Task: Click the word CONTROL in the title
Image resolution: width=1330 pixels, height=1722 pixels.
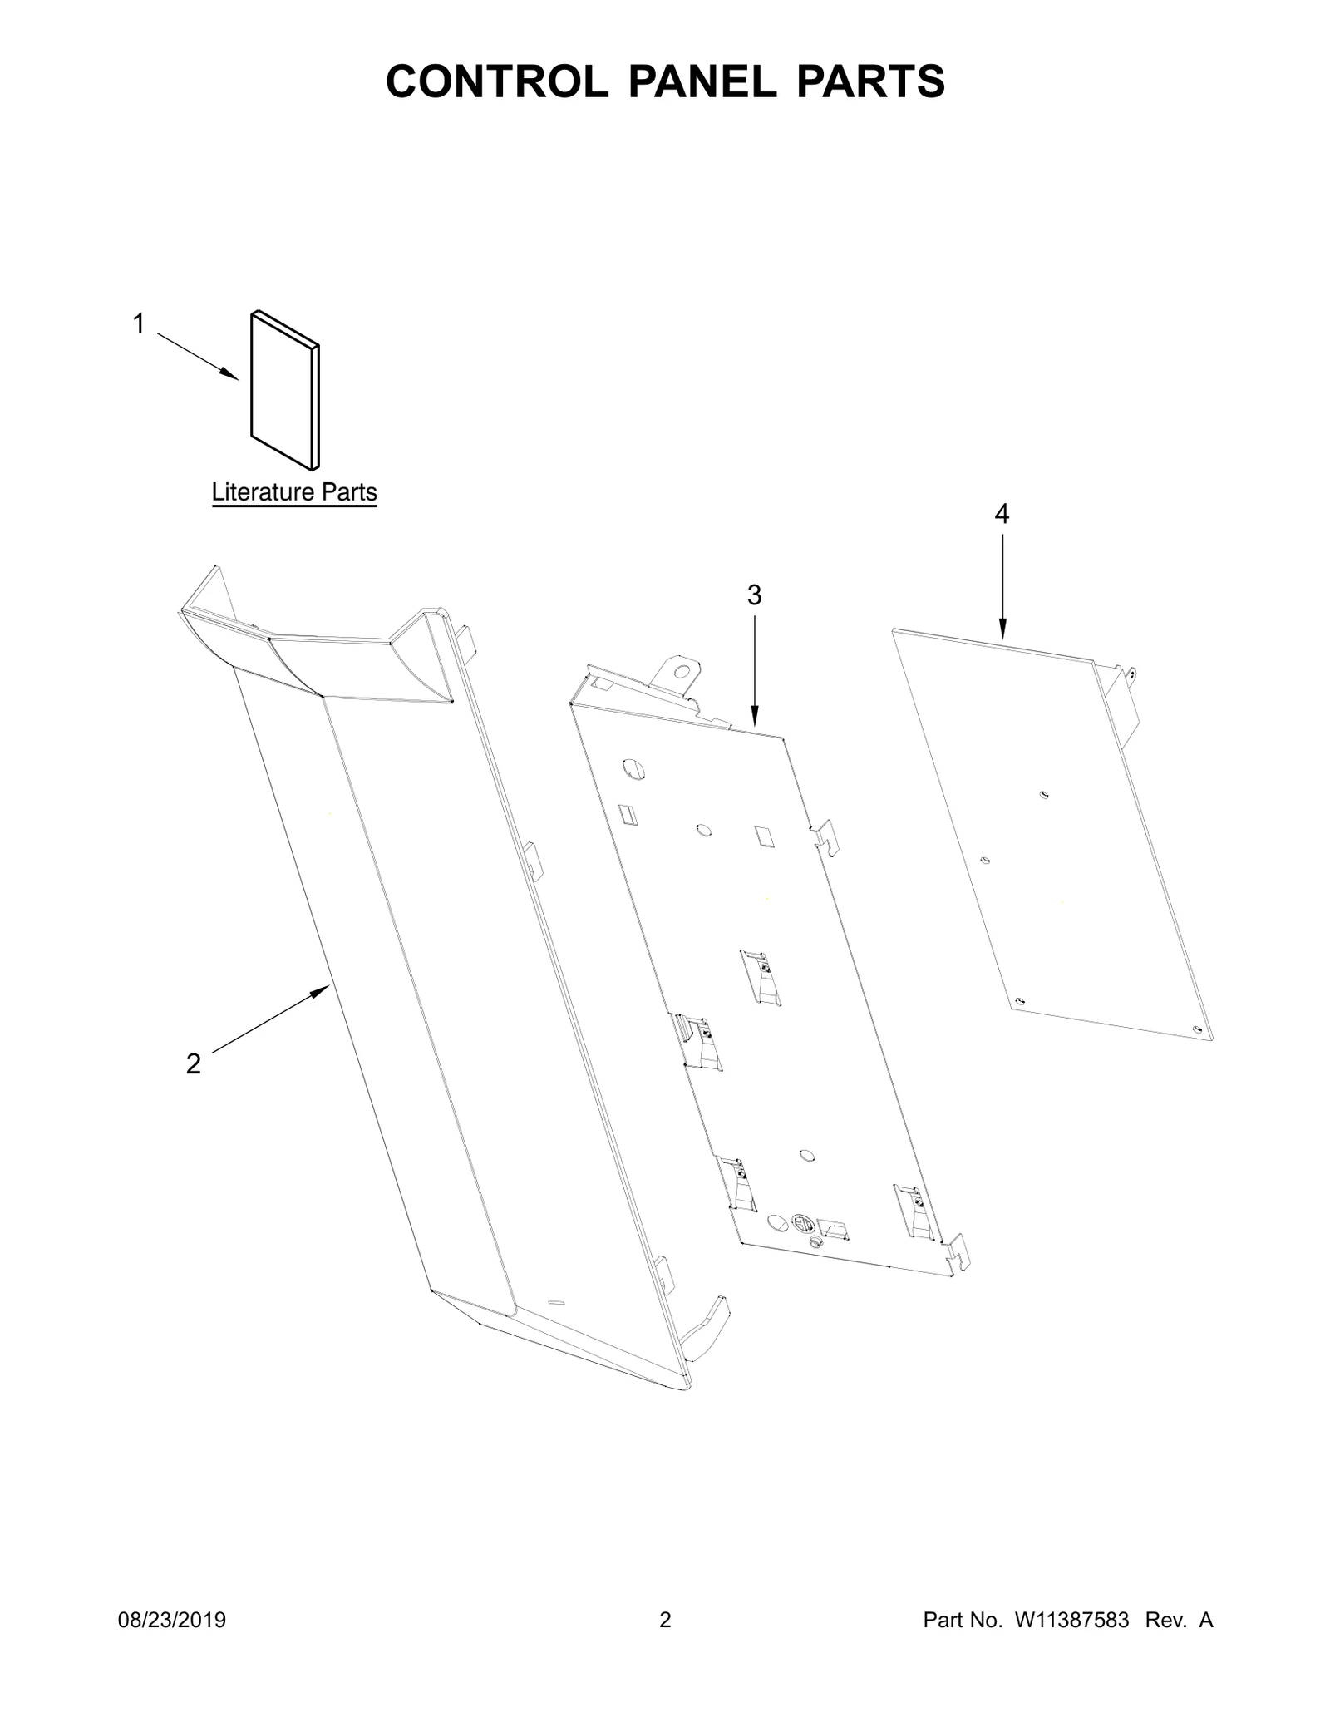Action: click(497, 81)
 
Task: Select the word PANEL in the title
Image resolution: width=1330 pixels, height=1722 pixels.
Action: click(701, 81)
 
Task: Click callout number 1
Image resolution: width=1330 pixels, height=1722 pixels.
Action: click(139, 323)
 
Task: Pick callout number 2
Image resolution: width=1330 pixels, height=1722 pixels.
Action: click(194, 1063)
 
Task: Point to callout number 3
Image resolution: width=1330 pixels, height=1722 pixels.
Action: click(754, 595)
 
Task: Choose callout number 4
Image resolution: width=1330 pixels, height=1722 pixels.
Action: click(1002, 515)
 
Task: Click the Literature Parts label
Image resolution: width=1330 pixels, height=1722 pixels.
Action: click(294, 492)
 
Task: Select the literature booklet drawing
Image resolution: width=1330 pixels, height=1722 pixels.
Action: click(285, 390)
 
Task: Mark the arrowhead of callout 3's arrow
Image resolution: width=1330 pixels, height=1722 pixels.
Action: click(755, 716)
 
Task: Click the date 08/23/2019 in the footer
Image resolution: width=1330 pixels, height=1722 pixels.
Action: click(172, 1621)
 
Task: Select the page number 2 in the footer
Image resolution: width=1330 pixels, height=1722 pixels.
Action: click(665, 1621)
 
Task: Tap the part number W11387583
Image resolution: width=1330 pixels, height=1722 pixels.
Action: click(1071, 1621)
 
